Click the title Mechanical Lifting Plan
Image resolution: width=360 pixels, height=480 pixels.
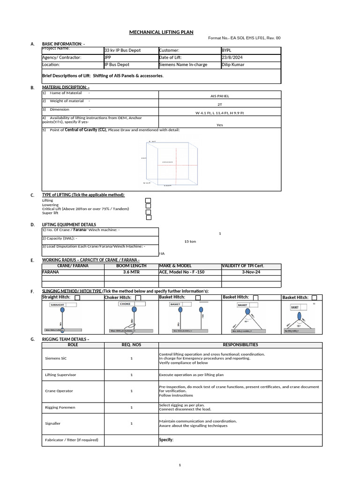click(158, 32)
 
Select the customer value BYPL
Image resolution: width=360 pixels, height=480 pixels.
click(227, 50)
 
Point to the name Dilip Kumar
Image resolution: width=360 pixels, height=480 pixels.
click(234, 65)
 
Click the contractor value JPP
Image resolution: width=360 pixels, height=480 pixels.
click(108, 58)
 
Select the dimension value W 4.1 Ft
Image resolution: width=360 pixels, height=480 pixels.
click(219, 113)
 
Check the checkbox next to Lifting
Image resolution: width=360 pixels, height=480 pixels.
click(148, 200)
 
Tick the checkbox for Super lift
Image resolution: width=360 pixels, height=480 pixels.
click(148, 217)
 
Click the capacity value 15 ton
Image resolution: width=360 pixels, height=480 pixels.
click(190, 241)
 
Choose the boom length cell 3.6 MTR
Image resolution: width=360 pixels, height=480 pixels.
click(131, 272)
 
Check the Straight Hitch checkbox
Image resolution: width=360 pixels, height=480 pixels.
click(77, 298)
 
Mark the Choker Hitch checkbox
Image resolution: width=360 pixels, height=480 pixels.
click(138, 298)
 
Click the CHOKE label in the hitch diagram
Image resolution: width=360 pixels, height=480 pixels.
click(125, 304)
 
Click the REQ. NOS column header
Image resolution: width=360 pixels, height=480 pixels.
click(131, 345)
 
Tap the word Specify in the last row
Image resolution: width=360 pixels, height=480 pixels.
click(166, 440)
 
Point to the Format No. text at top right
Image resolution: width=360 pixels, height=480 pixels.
click(244, 38)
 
